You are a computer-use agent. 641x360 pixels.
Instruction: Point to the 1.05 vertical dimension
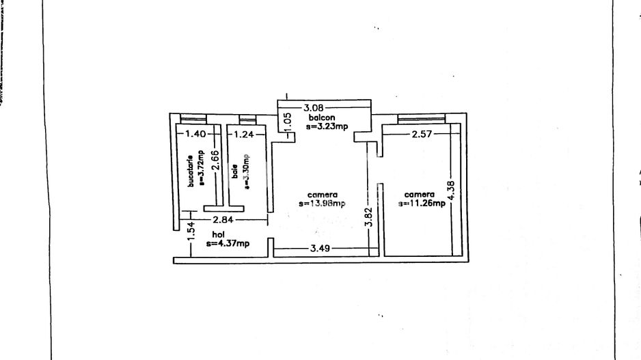coord(288,122)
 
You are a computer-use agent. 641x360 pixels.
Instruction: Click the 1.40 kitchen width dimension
coord(195,135)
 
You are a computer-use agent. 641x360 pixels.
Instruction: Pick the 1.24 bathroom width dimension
coord(244,135)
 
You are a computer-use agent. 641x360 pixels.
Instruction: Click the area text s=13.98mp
coord(322,203)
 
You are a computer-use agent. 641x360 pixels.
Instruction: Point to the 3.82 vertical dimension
coord(368,217)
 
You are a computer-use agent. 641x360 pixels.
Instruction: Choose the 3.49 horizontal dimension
coord(320,249)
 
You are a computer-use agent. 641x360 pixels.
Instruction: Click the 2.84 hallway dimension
coord(223,219)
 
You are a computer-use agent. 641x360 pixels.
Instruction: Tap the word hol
coord(218,234)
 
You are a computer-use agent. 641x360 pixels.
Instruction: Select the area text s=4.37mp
coord(229,243)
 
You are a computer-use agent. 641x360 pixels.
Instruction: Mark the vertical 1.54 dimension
coord(192,233)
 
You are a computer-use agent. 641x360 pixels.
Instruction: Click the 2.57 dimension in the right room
coord(421,135)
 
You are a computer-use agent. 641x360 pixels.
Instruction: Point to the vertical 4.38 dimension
coord(450,189)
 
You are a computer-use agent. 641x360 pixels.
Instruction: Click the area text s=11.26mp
coord(422,203)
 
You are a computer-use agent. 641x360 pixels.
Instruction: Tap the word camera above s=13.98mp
coord(323,194)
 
